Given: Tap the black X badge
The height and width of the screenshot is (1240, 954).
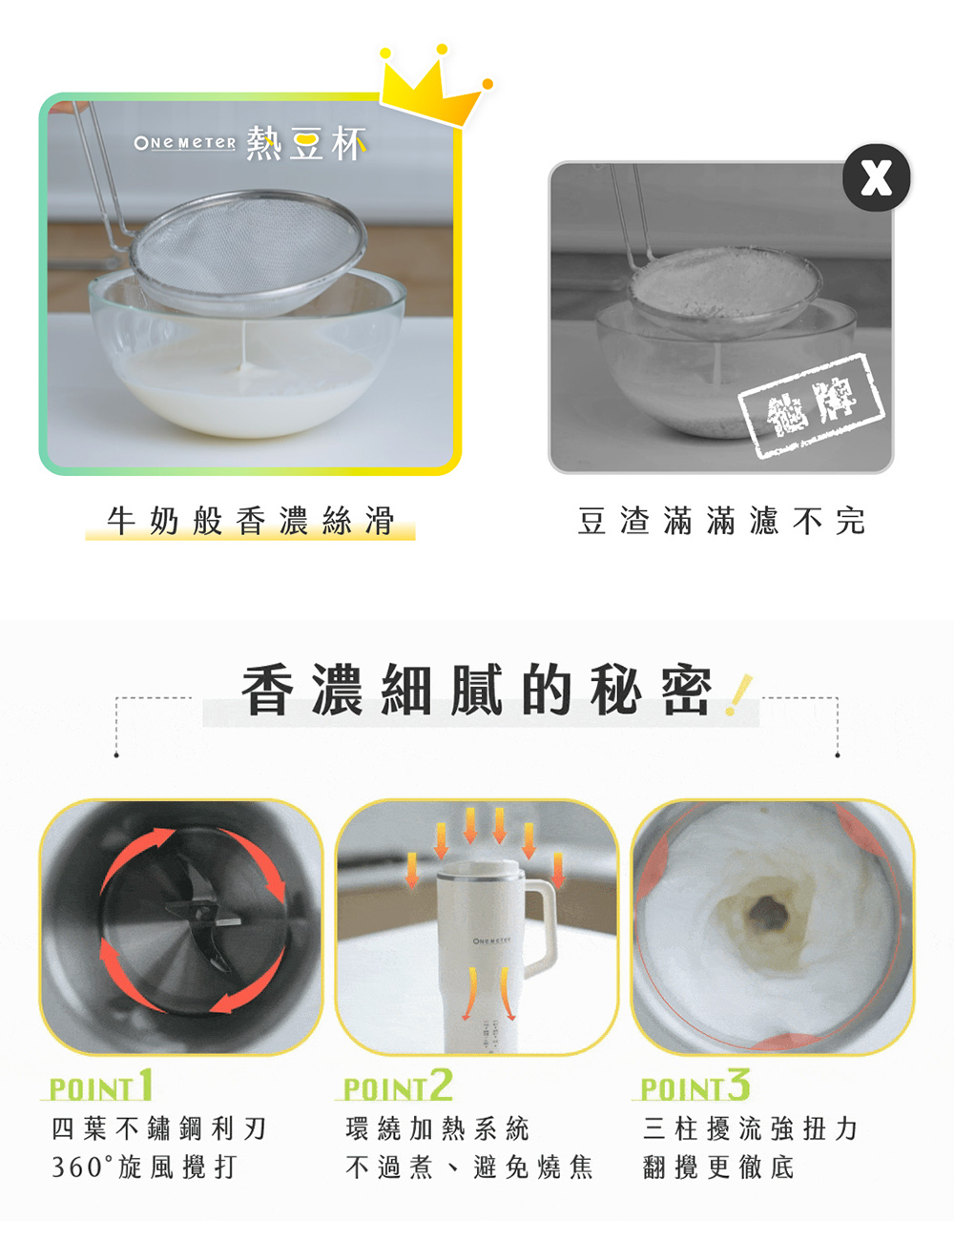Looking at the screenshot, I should coord(876,177).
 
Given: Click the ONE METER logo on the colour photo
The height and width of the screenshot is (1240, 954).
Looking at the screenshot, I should coord(184,143).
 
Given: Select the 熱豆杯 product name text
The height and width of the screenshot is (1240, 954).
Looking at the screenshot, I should coord(305,144).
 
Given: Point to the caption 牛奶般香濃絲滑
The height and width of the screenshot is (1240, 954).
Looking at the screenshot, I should coord(250,521).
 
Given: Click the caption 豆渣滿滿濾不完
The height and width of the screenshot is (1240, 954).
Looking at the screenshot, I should coord(721,521).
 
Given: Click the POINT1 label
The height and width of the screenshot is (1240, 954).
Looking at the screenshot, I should coord(100,1086).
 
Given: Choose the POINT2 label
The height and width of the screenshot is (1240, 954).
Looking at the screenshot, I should coord(398,1086).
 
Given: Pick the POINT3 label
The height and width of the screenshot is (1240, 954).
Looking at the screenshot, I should coord(695,1086).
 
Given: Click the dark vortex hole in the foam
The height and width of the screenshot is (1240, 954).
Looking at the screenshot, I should coord(768,913).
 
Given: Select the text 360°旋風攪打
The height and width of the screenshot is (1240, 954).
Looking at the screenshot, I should coord(143,1167).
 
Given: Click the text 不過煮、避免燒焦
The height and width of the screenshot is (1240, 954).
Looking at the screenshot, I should coord(468,1167).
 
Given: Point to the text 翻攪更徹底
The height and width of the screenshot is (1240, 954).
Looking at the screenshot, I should coord(718,1167).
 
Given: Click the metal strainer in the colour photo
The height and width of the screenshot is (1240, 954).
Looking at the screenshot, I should coord(248,248).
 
